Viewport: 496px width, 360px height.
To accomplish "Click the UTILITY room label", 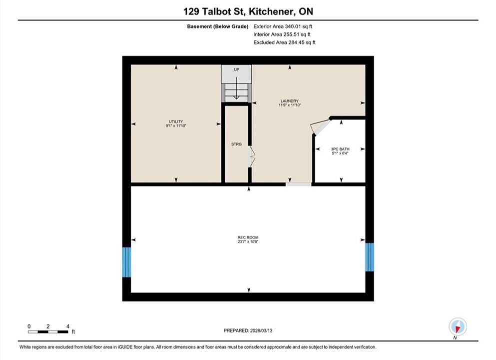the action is (x=176, y=121).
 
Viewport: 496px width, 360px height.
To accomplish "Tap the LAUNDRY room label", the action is (x=289, y=101).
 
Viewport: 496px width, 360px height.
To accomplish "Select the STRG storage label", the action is (x=236, y=144).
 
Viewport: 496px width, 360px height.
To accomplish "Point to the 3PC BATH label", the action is (x=340, y=149).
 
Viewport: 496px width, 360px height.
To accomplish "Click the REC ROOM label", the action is (x=248, y=237).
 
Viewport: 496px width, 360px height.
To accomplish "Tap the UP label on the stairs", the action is (x=237, y=69).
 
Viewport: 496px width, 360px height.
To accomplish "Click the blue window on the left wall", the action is (x=126, y=262).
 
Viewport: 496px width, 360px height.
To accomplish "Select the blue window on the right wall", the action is (x=370, y=257).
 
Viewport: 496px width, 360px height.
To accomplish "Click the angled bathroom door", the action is (x=320, y=126).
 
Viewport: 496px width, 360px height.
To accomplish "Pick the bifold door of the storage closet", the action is (x=251, y=156).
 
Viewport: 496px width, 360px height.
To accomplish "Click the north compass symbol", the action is (x=458, y=326).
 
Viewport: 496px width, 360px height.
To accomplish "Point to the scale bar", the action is (x=48, y=332).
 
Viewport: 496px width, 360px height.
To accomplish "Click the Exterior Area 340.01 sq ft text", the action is (x=283, y=26).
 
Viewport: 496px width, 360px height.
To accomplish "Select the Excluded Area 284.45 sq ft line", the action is (x=284, y=42).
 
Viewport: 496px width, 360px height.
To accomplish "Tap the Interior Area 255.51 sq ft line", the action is (x=282, y=34).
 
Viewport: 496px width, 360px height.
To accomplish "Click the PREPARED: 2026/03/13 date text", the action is (x=248, y=330).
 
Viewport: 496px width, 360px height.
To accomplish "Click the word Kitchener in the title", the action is (x=270, y=11).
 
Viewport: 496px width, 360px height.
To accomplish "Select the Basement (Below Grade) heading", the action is (x=218, y=26).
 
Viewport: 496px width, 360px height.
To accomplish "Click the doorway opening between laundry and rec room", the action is (x=299, y=184).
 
